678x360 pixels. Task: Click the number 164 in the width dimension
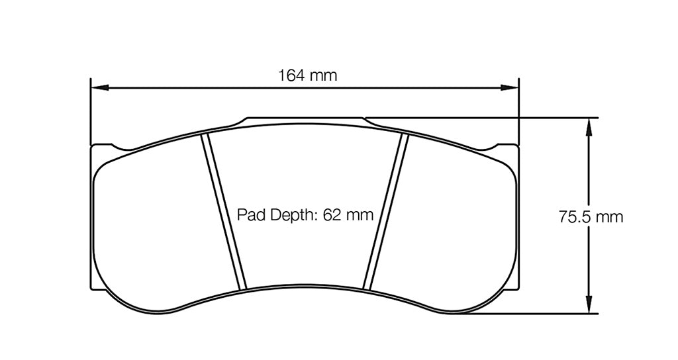pos(291,75)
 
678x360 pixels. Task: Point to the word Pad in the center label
pos(250,214)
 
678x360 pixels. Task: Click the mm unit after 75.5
pos(609,217)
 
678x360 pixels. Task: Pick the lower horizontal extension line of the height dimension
pos(530,314)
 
